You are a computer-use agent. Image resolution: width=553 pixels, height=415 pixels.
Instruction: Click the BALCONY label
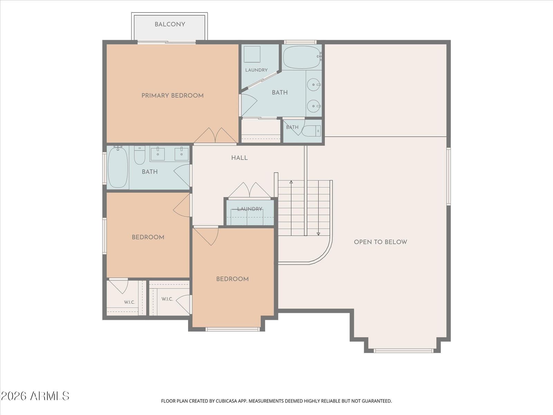[x=170, y=25]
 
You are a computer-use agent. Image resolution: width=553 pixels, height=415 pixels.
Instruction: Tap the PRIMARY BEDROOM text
[x=172, y=96]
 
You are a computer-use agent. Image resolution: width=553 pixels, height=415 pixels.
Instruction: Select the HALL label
[x=239, y=158]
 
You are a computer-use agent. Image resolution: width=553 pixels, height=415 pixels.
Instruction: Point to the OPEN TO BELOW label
[x=381, y=242]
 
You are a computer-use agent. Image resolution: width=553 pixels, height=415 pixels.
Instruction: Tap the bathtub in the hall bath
[x=118, y=167]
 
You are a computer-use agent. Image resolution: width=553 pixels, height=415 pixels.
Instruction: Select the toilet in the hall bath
[x=140, y=155]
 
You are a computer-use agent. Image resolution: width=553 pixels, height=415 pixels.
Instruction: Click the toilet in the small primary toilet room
[x=311, y=131]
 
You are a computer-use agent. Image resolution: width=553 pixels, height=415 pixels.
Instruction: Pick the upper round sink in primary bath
[x=314, y=85]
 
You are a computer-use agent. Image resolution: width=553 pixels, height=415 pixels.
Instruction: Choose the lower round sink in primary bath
[x=314, y=106]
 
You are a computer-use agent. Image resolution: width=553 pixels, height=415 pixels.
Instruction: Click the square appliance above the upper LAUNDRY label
[x=252, y=54]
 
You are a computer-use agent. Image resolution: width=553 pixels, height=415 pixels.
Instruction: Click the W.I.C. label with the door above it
[x=130, y=302]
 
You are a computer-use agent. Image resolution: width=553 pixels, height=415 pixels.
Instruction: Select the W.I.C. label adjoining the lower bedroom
[x=167, y=299]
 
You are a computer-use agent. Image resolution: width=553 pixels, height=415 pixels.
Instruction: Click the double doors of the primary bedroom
[x=215, y=136]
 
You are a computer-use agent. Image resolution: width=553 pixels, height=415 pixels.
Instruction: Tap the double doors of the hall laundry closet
[x=250, y=190]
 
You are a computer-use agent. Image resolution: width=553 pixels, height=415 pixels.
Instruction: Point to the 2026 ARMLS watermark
[x=35, y=396]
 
